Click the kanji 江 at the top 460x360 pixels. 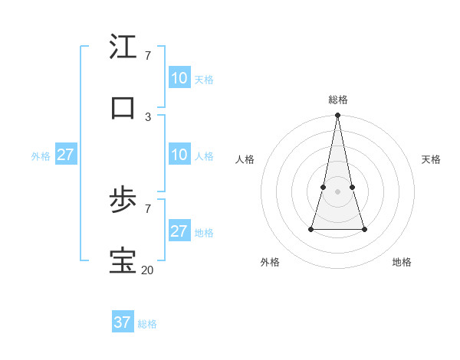[x=123, y=47]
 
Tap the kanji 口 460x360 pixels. [x=123, y=107]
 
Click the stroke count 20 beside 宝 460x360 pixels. [x=147, y=270]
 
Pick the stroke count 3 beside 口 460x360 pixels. [x=148, y=116]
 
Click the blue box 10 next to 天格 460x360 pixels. [x=179, y=77]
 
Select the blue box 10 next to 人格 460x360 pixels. [x=179, y=155]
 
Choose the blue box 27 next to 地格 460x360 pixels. [x=179, y=231]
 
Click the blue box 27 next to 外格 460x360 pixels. [x=66, y=155]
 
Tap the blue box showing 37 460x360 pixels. [x=123, y=322]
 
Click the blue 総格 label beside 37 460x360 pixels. [x=147, y=324]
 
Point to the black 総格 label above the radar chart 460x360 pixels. [x=338, y=100]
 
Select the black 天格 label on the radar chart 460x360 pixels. [x=431, y=159]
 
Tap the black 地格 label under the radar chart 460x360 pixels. [x=402, y=262]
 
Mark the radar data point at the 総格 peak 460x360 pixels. [x=337, y=116]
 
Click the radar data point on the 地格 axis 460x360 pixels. [x=364, y=229]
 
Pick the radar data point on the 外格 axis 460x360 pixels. [x=311, y=229]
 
